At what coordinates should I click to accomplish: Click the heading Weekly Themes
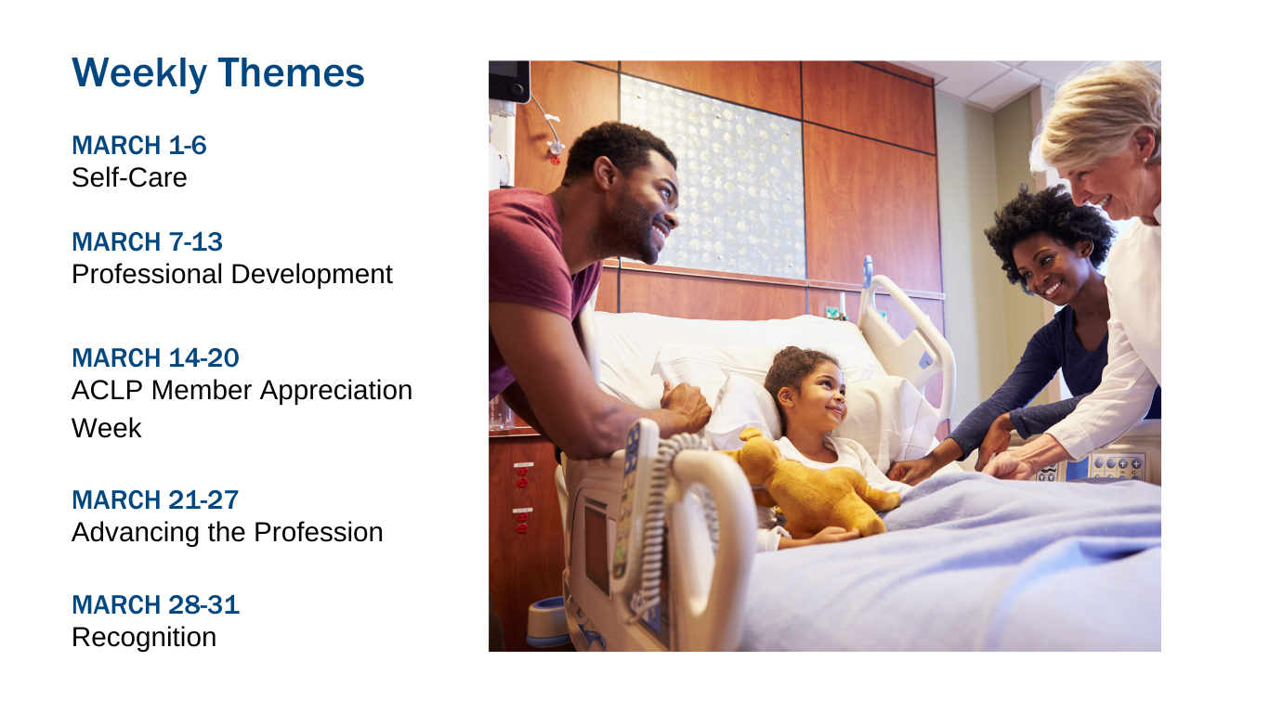pyautogui.click(x=218, y=73)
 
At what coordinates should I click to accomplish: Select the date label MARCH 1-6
pyautogui.click(x=138, y=146)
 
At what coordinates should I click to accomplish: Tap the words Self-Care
pyautogui.click(x=129, y=178)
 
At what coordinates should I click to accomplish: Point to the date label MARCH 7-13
pyautogui.click(x=148, y=241)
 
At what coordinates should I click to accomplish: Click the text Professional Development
pyautogui.click(x=232, y=275)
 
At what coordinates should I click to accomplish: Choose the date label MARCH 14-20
pyautogui.click(x=156, y=358)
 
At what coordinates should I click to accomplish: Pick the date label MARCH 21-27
pyautogui.click(x=155, y=500)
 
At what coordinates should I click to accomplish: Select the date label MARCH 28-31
pyautogui.click(x=156, y=604)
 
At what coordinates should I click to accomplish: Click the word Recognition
pyautogui.click(x=144, y=638)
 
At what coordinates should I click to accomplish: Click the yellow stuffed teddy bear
pyautogui.click(x=816, y=487)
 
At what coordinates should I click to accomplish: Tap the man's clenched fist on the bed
pyautogui.click(x=685, y=404)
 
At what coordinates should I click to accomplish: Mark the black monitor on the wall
pyautogui.click(x=509, y=81)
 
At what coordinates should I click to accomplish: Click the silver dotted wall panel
pyautogui.click(x=713, y=175)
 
